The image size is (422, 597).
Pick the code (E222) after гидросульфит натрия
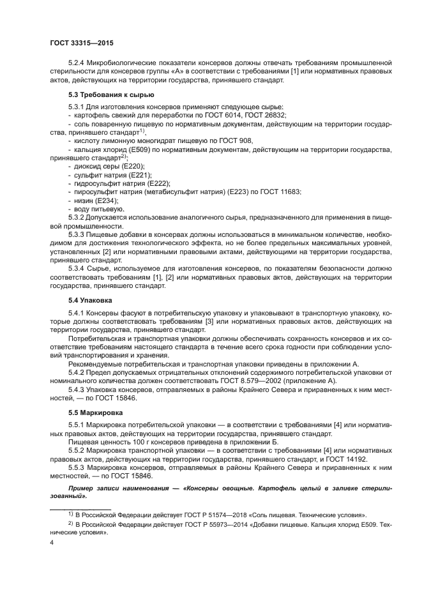point(156,183)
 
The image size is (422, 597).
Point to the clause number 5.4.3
point(78,389)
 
